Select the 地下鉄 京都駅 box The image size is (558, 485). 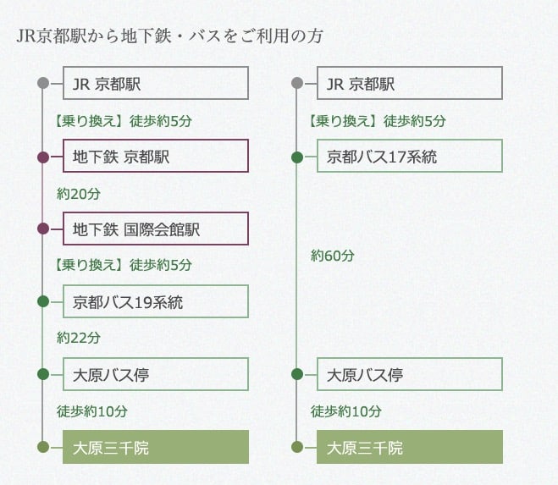click(155, 157)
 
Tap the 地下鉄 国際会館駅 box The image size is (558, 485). click(155, 229)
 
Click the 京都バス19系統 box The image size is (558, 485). click(155, 301)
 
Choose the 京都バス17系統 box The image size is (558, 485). click(410, 157)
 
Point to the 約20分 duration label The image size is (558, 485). click(79, 194)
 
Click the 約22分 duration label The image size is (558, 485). click(79, 337)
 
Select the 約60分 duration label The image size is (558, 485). click(333, 255)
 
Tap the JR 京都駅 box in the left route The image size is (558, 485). click(155, 84)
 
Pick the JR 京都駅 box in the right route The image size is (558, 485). click(410, 84)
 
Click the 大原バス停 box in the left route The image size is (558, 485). click(155, 374)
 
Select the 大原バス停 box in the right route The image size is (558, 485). click(410, 374)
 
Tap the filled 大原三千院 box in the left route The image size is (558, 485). click(155, 447)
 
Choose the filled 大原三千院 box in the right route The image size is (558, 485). click(410, 447)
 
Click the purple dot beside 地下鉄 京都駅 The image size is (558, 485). click(43, 157)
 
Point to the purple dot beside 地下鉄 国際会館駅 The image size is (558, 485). click(43, 229)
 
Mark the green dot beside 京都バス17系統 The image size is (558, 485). click(297, 157)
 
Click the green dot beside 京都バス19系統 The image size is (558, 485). click(43, 301)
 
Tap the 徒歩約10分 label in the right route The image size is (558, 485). click(346, 411)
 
